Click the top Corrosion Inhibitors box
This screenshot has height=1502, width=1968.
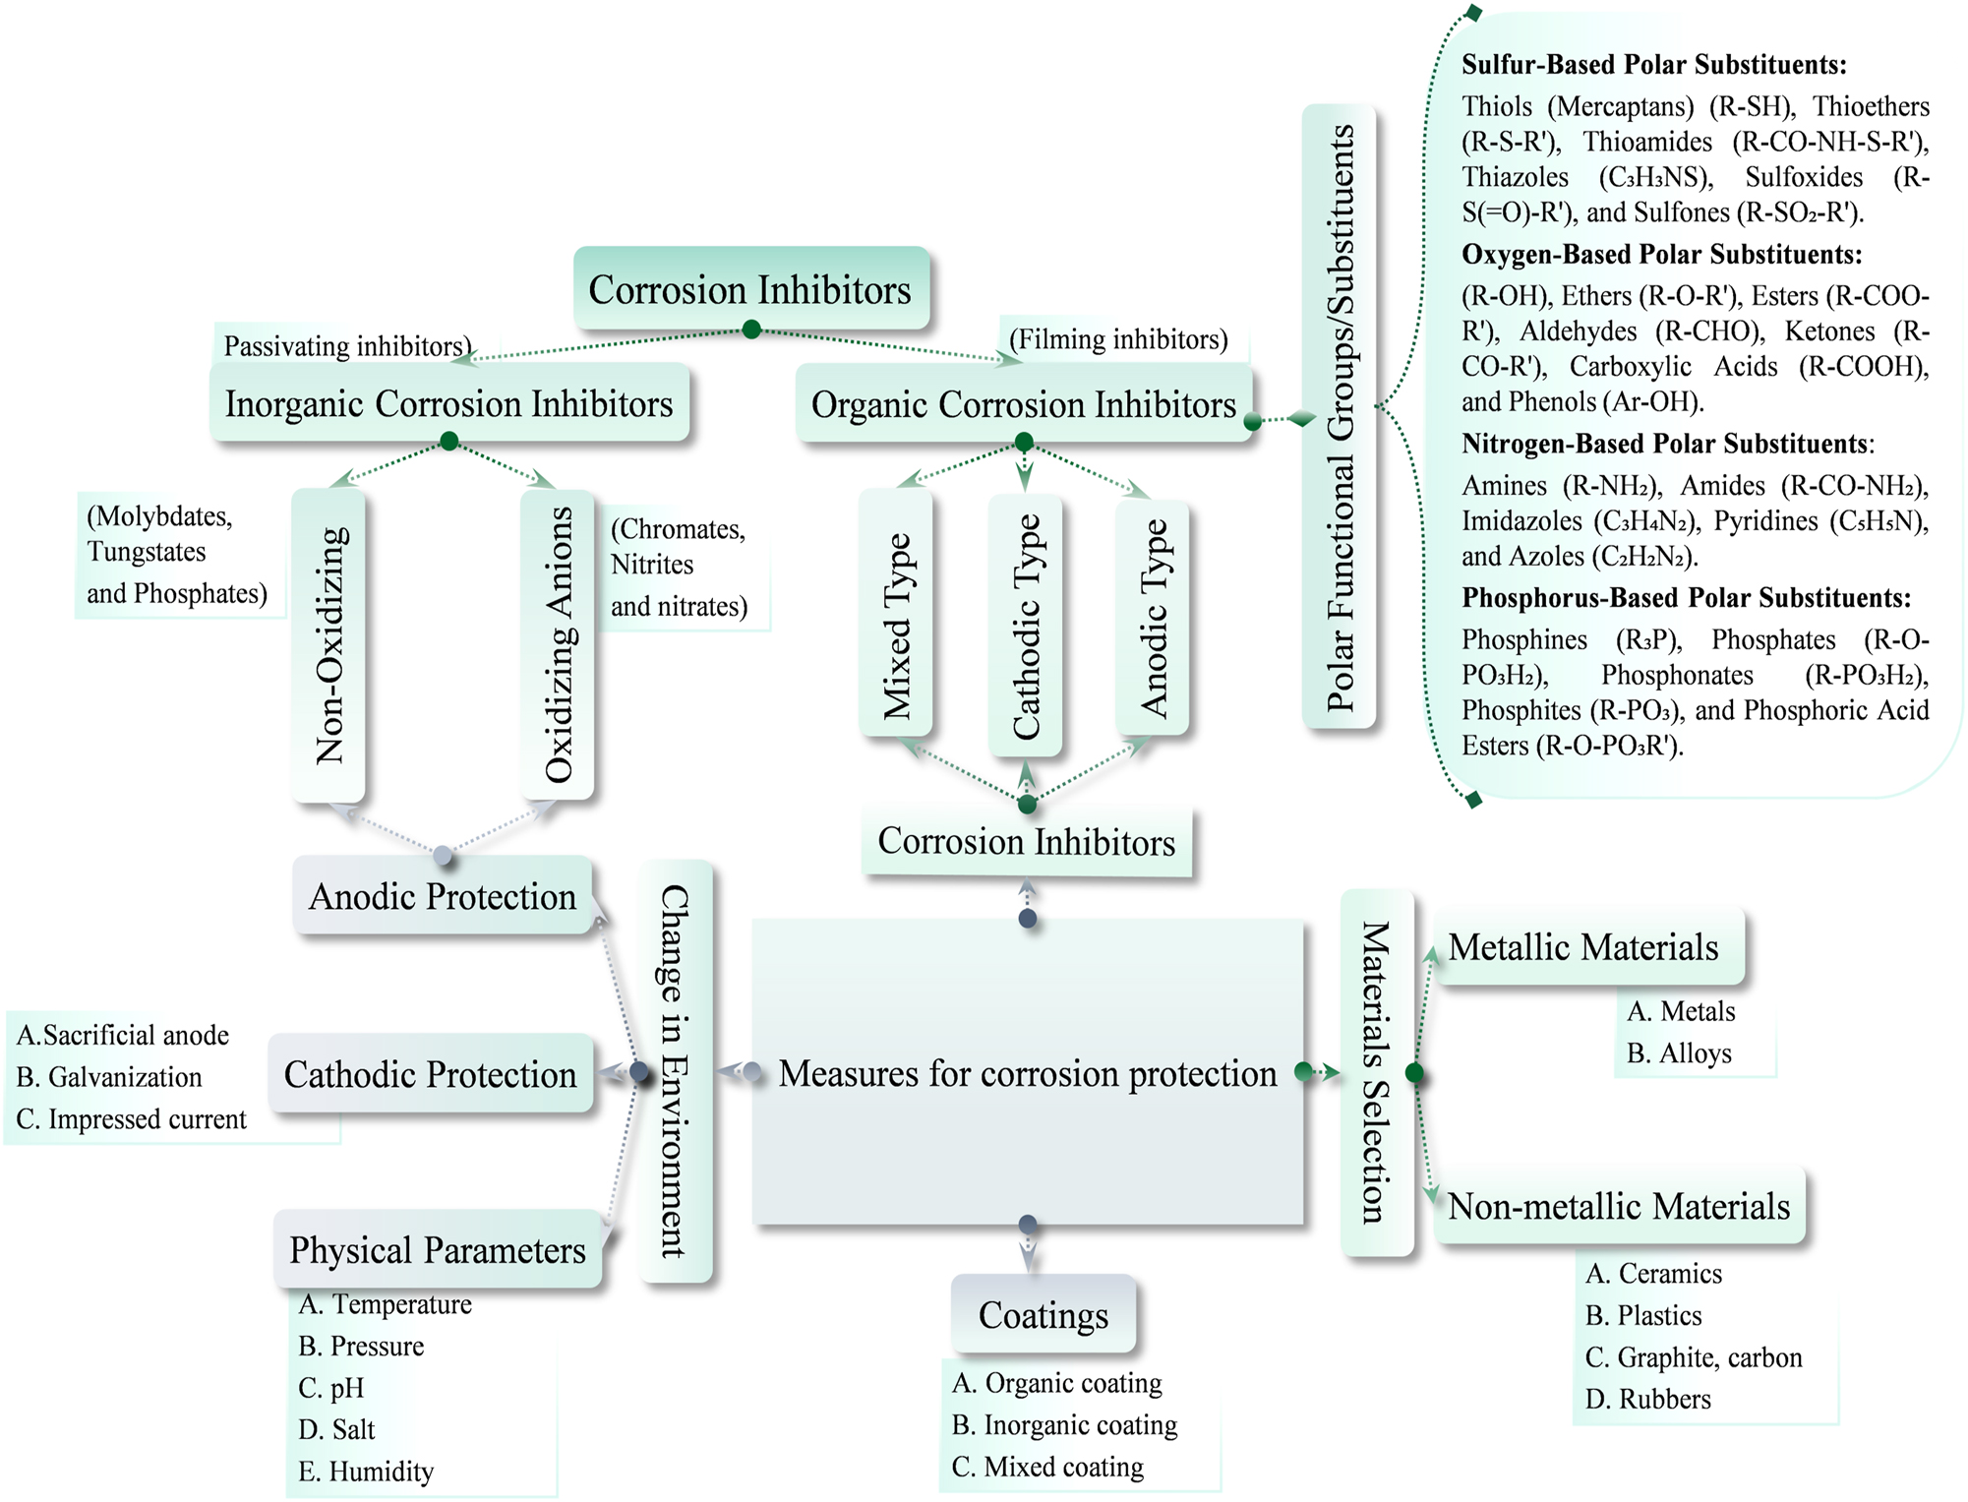pyautogui.click(x=750, y=289)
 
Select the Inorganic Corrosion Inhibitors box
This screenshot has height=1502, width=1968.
pyautogui.click(x=449, y=403)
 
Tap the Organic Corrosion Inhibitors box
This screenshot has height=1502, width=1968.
pyautogui.click(x=1023, y=404)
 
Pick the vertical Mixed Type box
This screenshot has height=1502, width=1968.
pyautogui.click(x=896, y=614)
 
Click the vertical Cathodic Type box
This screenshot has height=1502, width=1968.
pyautogui.click(x=1025, y=625)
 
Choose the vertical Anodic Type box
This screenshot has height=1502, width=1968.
pyautogui.click(x=1152, y=618)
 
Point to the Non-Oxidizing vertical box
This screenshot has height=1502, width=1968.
pyautogui.click(x=328, y=645)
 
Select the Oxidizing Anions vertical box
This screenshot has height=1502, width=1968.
pyautogui.click(x=558, y=645)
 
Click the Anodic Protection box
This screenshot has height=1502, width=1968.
pyautogui.click(x=443, y=896)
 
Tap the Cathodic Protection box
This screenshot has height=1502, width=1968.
pyautogui.click(x=431, y=1074)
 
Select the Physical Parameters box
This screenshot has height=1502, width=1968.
pyautogui.click(x=438, y=1249)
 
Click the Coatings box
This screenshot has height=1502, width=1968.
pyautogui.click(x=1043, y=1315)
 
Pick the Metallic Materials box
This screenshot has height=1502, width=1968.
pyautogui.click(x=1583, y=947)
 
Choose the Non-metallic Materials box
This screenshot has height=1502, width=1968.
pyautogui.click(x=1619, y=1206)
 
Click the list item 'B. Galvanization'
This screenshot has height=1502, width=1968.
pyautogui.click(x=109, y=1077)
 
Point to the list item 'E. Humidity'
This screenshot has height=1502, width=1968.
pyautogui.click(x=366, y=1472)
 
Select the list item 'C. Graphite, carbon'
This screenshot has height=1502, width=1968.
pyautogui.click(x=1694, y=1357)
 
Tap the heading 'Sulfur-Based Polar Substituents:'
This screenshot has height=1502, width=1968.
pyautogui.click(x=1653, y=65)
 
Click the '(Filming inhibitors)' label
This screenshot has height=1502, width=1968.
pyautogui.click(x=1118, y=339)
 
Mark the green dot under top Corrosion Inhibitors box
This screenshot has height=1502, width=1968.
pyautogui.click(x=751, y=330)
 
